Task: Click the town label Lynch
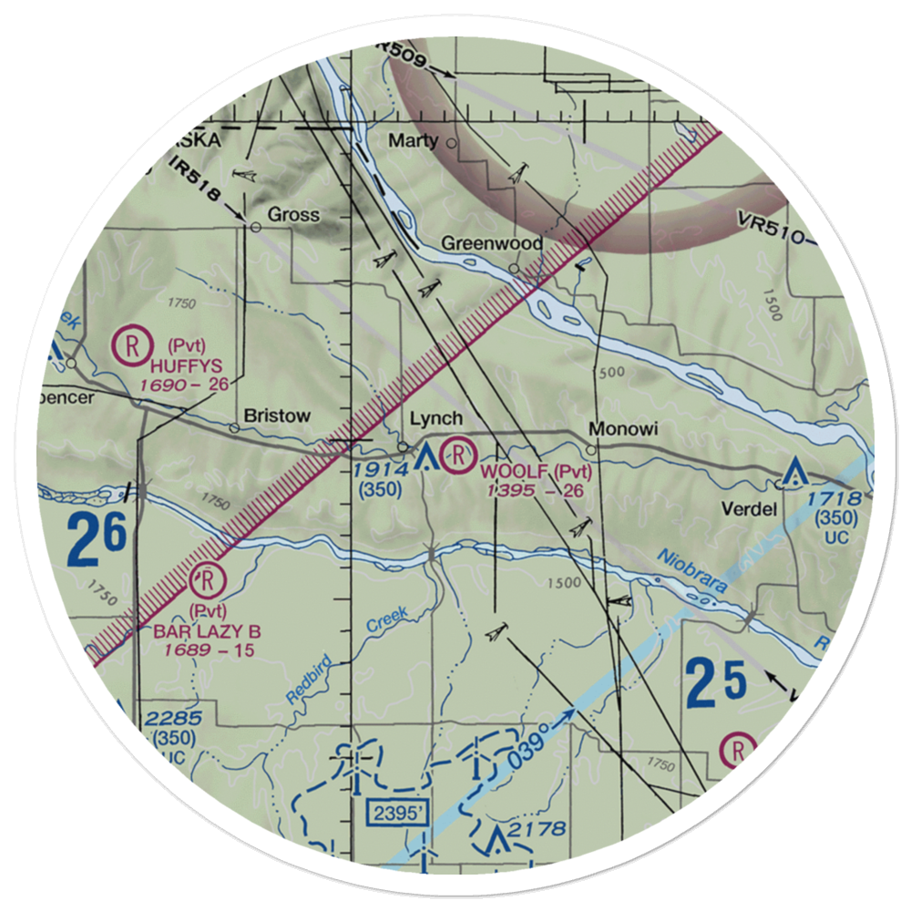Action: click(x=436, y=419)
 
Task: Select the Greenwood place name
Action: click(x=492, y=244)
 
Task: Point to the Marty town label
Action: click(x=414, y=141)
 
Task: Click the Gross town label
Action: click(x=292, y=215)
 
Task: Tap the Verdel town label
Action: click(x=751, y=509)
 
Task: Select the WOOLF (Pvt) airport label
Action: click(x=537, y=472)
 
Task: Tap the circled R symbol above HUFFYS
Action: click(x=133, y=345)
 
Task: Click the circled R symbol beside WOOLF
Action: click(x=458, y=452)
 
